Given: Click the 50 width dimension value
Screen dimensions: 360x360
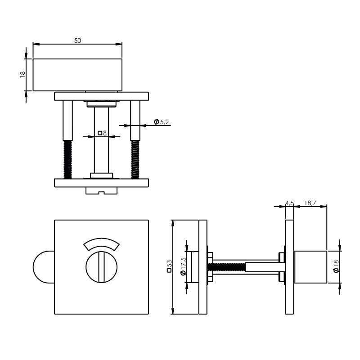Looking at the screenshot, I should click(77, 40).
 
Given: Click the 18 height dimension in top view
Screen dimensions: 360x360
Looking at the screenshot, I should click(22, 74).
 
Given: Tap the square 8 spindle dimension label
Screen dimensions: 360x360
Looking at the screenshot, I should click(102, 133).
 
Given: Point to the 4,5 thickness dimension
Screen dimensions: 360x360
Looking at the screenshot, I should click(289, 203).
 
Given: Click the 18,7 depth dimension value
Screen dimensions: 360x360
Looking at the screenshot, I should click(310, 203).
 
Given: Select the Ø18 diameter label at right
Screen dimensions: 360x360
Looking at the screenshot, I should click(336, 266).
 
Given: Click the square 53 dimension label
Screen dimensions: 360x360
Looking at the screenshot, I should click(169, 266).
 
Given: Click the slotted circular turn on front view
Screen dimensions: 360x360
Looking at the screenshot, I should click(102, 267).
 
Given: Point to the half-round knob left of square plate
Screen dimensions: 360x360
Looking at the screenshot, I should click(43, 267).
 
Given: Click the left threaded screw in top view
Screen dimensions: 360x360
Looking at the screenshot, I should click(67, 159).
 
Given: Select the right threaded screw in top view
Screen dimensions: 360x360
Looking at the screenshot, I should click(135, 159).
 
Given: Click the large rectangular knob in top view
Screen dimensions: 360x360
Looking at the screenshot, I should click(77, 75).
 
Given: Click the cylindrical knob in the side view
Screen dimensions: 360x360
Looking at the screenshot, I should click(310, 267).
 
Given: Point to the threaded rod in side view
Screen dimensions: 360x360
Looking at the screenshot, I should click(229, 267).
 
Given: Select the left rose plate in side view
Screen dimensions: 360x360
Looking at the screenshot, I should click(203, 267).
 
